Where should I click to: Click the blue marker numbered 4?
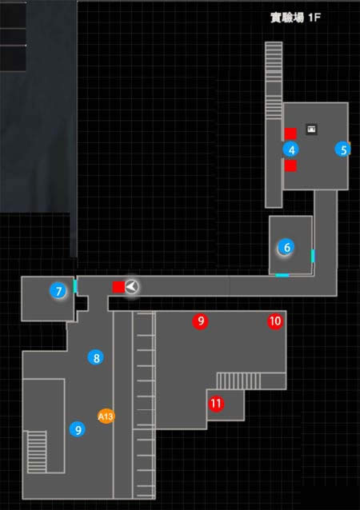[291, 150]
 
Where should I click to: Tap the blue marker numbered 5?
[343, 149]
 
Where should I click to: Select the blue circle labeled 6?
[286, 247]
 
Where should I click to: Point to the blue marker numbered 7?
[58, 291]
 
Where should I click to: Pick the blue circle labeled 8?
[96, 358]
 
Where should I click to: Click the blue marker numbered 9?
[78, 429]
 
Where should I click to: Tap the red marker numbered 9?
[201, 321]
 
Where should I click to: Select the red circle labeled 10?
[275, 321]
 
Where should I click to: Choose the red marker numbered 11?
[216, 404]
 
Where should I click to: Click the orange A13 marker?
[106, 416]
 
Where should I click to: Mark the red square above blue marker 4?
[290, 133]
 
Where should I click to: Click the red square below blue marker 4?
[290, 165]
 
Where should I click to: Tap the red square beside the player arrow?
[118, 287]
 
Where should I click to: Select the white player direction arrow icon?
[132, 286]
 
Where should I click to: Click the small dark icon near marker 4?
[311, 129]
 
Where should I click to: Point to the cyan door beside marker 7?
[75, 286]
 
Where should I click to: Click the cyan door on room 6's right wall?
[313, 256]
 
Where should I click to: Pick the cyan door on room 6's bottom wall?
[282, 276]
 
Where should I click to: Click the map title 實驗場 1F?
[295, 18]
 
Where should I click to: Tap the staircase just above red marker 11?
[238, 381]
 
